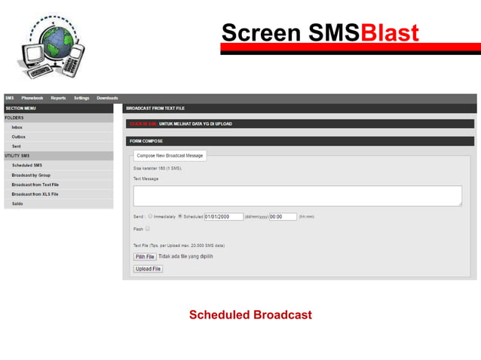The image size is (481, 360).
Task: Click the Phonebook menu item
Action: coord(32,98)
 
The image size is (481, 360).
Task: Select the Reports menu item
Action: coord(58,98)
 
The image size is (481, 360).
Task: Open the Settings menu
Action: coord(81,98)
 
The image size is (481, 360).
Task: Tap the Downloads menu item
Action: coord(107,98)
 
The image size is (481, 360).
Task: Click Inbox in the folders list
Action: coord(17,127)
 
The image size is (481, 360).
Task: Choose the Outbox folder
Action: coord(19,136)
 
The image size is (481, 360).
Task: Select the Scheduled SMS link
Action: coord(27,165)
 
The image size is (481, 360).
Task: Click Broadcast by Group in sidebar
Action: coord(32,175)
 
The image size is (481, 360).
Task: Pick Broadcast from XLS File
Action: coord(35,194)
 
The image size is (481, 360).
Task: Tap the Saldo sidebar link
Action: coord(17,203)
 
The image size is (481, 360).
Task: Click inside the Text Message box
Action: coord(297,196)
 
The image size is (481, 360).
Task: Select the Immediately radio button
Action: coord(151,216)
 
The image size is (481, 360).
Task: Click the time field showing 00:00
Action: coord(283,216)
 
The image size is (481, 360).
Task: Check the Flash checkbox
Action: coord(148,228)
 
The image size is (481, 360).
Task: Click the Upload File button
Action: coord(148,269)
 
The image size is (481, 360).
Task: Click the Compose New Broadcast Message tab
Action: coord(170,155)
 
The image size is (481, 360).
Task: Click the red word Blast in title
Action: coord(390,33)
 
